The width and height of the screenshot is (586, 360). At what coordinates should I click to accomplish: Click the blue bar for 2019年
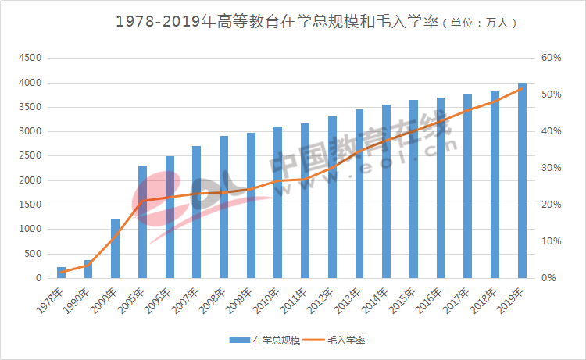click(522, 180)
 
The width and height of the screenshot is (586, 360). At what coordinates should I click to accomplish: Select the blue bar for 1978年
click(61, 273)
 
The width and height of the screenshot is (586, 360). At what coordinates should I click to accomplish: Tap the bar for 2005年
click(142, 222)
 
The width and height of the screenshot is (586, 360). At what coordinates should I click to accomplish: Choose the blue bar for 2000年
click(115, 248)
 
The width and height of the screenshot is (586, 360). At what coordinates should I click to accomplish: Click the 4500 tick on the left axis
click(30, 59)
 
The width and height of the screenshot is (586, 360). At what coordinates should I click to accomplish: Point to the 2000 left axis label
click(30, 180)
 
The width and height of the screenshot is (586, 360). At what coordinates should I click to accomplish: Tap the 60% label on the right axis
click(552, 59)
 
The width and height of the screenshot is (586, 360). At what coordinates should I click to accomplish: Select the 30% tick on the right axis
click(552, 168)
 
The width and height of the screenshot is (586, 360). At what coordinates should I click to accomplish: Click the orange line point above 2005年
click(142, 201)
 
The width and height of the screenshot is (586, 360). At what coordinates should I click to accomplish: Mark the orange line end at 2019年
click(522, 89)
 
